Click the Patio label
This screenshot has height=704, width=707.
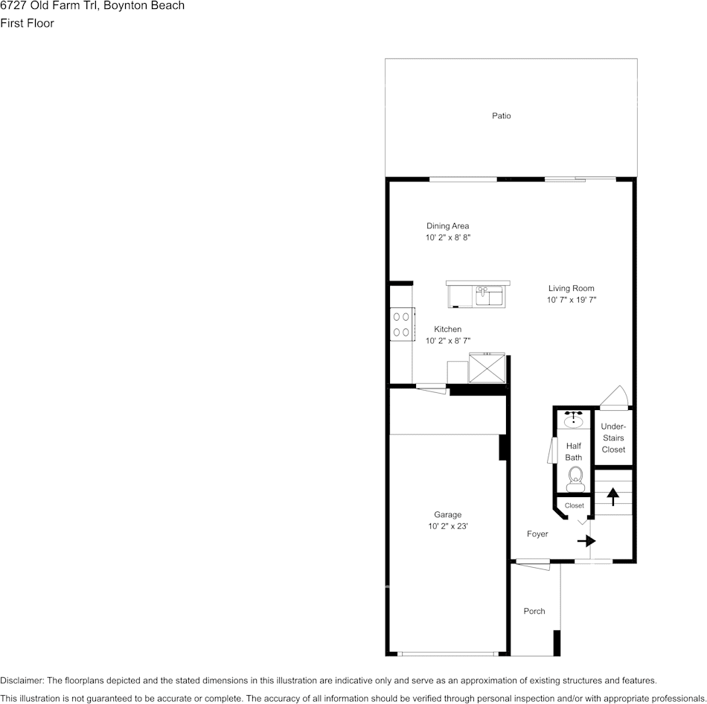501,116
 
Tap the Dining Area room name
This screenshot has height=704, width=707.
447,226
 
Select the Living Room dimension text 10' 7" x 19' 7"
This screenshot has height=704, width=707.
572,300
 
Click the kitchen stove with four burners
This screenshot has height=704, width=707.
401,324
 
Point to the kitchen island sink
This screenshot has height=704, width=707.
489,296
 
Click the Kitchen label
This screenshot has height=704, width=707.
447,329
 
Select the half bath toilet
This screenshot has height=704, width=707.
575,478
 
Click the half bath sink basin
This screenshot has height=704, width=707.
573,422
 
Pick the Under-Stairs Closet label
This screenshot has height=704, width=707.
613,438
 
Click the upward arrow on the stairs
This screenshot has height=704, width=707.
613,496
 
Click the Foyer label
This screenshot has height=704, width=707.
537,534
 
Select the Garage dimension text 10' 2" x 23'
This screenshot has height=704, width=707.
447,526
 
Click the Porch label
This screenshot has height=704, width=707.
534,611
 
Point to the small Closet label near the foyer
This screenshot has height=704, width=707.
574,505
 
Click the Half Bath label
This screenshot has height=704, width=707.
573,451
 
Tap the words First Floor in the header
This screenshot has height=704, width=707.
27,23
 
